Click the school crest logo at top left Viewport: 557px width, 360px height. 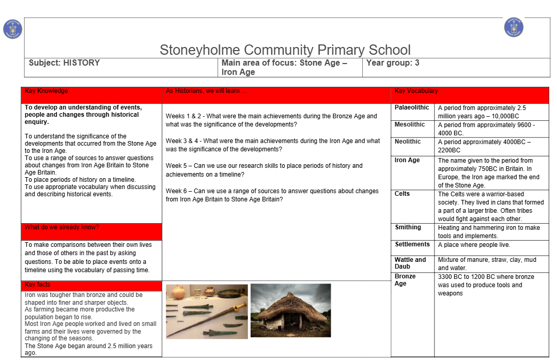[12, 28]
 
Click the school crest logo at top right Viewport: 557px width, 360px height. [514, 27]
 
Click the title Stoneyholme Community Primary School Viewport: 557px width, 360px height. [285, 50]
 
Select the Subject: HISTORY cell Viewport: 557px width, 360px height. [65, 63]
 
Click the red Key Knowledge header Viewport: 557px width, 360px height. [47, 91]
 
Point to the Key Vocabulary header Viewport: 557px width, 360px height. [416, 91]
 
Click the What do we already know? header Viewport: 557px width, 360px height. [62, 228]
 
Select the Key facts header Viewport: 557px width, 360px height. [38, 285]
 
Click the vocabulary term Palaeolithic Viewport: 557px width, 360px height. [412, 108]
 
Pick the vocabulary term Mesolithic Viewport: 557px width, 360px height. [410, 124]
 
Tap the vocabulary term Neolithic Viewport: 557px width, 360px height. [408, 142]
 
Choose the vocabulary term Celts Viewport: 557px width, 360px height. [402, 194]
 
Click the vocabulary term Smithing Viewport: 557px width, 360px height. [408, 228]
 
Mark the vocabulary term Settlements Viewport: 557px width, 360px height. [412, 244]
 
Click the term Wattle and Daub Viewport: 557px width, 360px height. [410, 263]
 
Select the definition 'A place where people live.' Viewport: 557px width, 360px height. [474, 245]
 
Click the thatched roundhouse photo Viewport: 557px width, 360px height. [290, 310]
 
